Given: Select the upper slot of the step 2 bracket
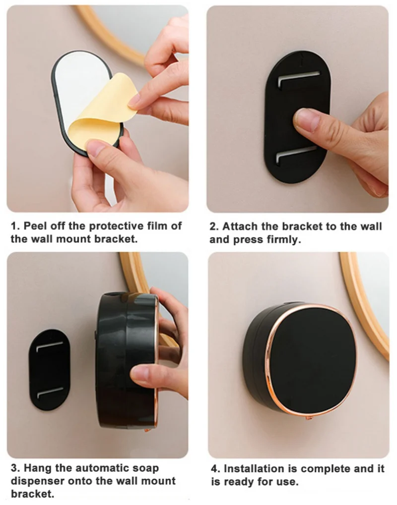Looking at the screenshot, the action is click(299, 79).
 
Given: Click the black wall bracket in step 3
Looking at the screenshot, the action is click(49, 369).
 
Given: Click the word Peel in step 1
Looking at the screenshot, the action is click(35, 226).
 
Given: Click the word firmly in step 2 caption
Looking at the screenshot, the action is click(283, 240).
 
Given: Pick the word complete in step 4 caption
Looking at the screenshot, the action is click(325, 469).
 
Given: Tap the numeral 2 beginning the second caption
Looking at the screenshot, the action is click(213, 227).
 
